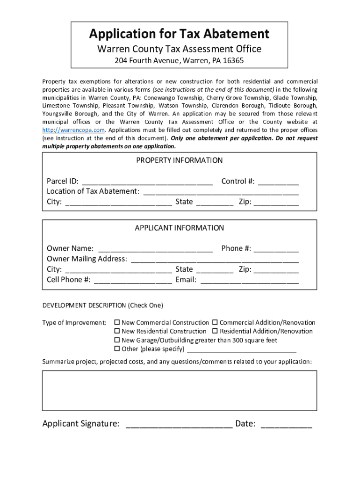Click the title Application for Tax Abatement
pos(179,34)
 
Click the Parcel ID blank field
pos(147,181)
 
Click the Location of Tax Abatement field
pos(221,192)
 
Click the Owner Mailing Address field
pos(215,259)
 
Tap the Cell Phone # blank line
pos(133,281)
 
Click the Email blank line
pos(249,281)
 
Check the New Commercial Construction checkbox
pos(118,323)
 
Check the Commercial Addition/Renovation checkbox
pos(215,323)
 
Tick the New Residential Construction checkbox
pos(118,331)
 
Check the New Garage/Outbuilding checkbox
pos(118,340)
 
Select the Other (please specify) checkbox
pos(118,349)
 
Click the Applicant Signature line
pos(179,425)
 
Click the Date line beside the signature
pos(286,425)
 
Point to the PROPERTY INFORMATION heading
pos(179,160)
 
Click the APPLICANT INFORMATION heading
pos(179,228)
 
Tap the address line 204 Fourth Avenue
pos(179,61)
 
